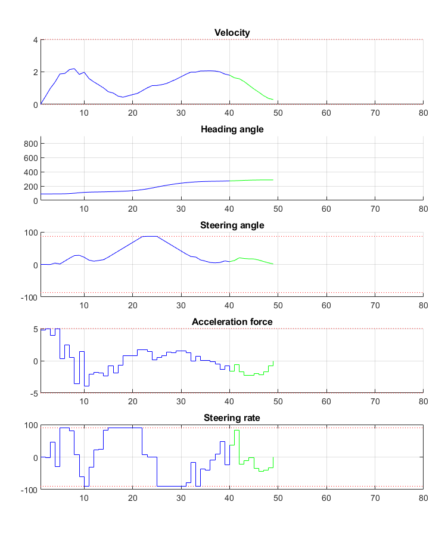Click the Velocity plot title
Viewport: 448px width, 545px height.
[x=232, y=32]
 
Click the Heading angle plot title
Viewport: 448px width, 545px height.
[x=232, y=129]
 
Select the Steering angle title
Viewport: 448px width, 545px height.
[x=232, y=225]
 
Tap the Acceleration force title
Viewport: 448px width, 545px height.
[x=232, y=322]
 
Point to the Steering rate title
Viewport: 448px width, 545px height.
[x=232, y=418]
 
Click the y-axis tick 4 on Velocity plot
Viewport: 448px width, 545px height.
[x=35, y=40]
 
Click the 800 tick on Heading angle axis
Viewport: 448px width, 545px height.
[x=31, y=144]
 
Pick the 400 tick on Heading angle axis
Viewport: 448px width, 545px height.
[x=31, y=172]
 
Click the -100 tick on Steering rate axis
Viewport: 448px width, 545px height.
[x=29, y=490]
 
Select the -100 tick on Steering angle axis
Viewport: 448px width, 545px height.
[x=29, y=297]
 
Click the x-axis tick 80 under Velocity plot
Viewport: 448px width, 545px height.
[x=422, y=112]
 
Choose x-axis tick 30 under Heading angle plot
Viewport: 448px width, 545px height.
[x=181, y=209]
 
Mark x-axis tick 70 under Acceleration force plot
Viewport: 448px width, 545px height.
[x=374, y=401]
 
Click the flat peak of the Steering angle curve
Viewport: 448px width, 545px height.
[x=150, y=237]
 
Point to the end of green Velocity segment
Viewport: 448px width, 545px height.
[x=273, y=100]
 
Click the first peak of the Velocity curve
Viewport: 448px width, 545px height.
[x=73, y=69]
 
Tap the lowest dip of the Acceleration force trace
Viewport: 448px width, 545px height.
[x=86, y=386]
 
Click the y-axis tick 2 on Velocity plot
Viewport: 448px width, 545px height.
[x=35, y=72]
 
